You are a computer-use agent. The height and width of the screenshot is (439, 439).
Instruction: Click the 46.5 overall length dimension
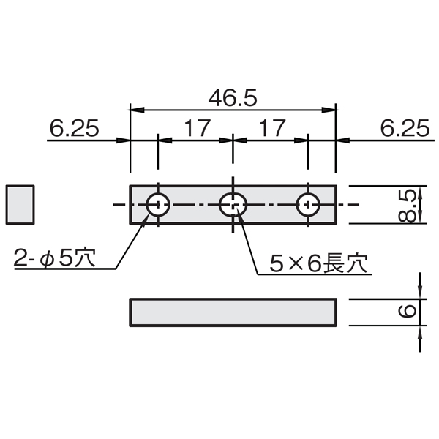233,98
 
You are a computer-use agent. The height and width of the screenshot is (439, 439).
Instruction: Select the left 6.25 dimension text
74,128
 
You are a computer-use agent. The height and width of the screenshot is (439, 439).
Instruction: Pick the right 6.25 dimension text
405,128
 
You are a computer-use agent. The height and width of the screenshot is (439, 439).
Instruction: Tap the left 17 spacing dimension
198,128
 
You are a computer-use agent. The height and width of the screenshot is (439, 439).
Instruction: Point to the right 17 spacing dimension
272,128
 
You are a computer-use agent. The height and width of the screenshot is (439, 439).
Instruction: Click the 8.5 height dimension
407,206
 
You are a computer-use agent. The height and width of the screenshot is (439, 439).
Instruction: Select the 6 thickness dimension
407,312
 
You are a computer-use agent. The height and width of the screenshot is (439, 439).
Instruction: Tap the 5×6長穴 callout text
318,263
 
